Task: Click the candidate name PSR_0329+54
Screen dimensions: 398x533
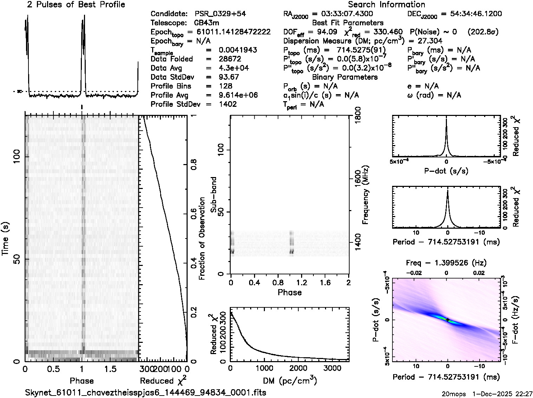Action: pos(220,14)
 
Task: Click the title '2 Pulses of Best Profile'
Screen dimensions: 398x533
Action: pos(76,5)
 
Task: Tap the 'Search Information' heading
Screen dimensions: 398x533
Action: pos(386,5)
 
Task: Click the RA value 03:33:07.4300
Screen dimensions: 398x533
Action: pos(343,14)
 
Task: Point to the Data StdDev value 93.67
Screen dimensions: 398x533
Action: pos(229,77)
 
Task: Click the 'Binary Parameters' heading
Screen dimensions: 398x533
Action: pos(345,77)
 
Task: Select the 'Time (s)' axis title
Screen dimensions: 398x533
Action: pos(5,239)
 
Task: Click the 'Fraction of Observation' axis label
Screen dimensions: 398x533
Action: pos(202,239)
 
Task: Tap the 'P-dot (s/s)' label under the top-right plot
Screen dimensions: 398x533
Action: pos(446,171)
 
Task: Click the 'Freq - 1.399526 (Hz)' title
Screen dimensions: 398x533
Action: pos(446,263)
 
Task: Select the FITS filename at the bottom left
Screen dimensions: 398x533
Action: pos(145,392)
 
